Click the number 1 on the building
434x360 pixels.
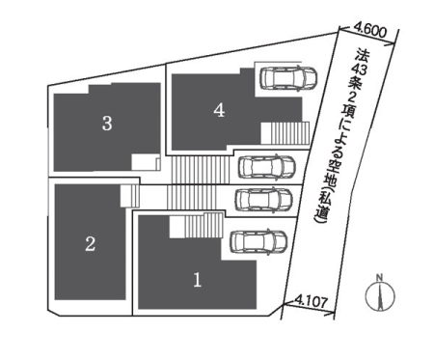point(197,279)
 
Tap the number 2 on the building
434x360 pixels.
point(90,243)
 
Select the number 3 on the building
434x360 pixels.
point(107,124)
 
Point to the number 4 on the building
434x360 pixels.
point(219,111)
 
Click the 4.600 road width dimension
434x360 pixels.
point(369,32)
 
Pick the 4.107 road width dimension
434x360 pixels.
point(312,301)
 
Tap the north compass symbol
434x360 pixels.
point(380,296)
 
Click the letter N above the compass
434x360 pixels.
point(380,277)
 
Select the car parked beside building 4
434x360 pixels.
point(288,78)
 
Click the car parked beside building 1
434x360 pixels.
point(258,241)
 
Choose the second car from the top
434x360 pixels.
point(267,167)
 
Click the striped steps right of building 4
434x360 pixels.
point(285,133)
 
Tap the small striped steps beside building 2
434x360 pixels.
point(130,196)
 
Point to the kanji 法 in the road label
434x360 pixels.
point(363,55)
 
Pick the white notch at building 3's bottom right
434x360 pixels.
point(146,162)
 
